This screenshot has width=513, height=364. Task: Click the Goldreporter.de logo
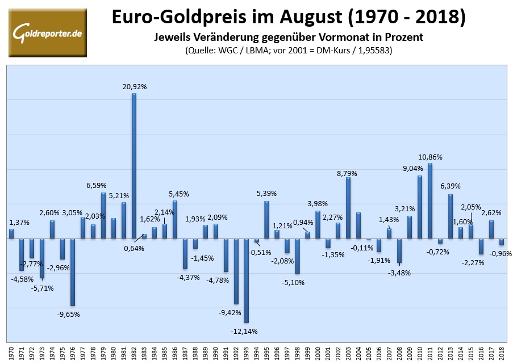(x=47, y=32)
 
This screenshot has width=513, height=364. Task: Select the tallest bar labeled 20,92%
(x=134, y=165)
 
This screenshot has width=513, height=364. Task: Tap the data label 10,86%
(x=431, y=157)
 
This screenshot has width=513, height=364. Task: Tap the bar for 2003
(x=348, y=208)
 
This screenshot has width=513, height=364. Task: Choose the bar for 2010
(x=420, y=207)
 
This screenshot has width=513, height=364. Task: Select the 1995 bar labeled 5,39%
(x=266, y=220)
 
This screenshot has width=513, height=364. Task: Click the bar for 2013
(x=451, y=216)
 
